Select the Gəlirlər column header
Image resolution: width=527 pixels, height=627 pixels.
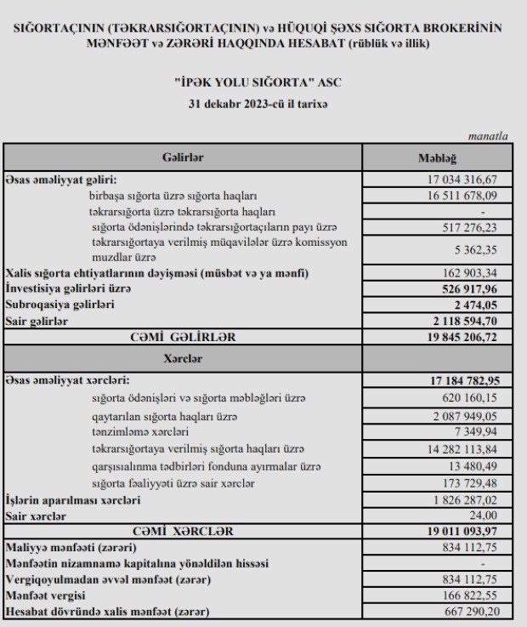(x=183, y=157)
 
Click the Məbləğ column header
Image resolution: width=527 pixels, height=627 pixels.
(x=438, y=157)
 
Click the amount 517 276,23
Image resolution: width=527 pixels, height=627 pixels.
(x=480, y=227)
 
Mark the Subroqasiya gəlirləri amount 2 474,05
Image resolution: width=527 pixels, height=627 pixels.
(x=487, y=305)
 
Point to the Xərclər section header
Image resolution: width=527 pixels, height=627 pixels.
(x=183, y=359)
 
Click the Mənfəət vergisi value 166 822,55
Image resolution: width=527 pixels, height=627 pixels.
(x=480, y=596)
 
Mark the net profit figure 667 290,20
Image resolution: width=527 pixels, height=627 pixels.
(x=480, y=612)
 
